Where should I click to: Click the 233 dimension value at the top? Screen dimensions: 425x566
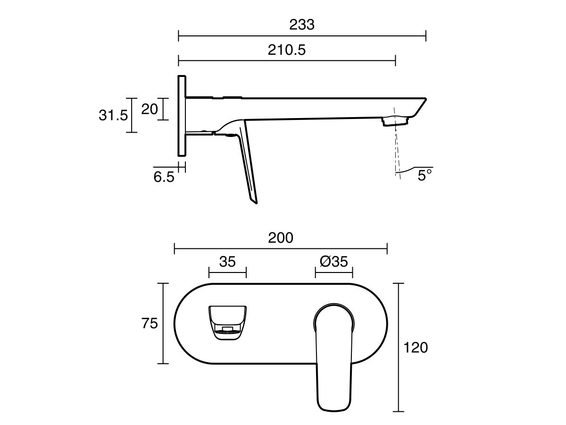pyautogui.click(x=302, y=25)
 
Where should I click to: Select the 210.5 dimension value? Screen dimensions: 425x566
pyautogui.click(x=287, y=50)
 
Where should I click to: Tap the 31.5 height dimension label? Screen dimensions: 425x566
pyautogui.click(x=113, y=115)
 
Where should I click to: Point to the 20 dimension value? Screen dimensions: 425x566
pyautogui.click(x=149, y=109)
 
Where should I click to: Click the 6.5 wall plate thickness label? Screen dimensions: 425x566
pyautogui.click(x=164, y=177)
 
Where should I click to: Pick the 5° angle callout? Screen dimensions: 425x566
pyautogui.click(x=424, y=176)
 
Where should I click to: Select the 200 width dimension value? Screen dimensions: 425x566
pyautogui.click(x=281, y=238)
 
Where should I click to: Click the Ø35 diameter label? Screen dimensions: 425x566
pyautogui.click(x=334, y=262)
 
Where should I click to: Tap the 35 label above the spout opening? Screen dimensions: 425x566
pyautogui.click(x=227, y=262)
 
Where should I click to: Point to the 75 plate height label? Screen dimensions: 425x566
pyautogui.click(x=150, y=324)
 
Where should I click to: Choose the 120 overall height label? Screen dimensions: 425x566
pyautogui.click(x=416, y=348)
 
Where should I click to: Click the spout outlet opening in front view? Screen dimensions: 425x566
pyautogui.click(x=227, y=322)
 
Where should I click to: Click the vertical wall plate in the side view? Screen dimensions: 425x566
pyautogui.click(x=182, y=116)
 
